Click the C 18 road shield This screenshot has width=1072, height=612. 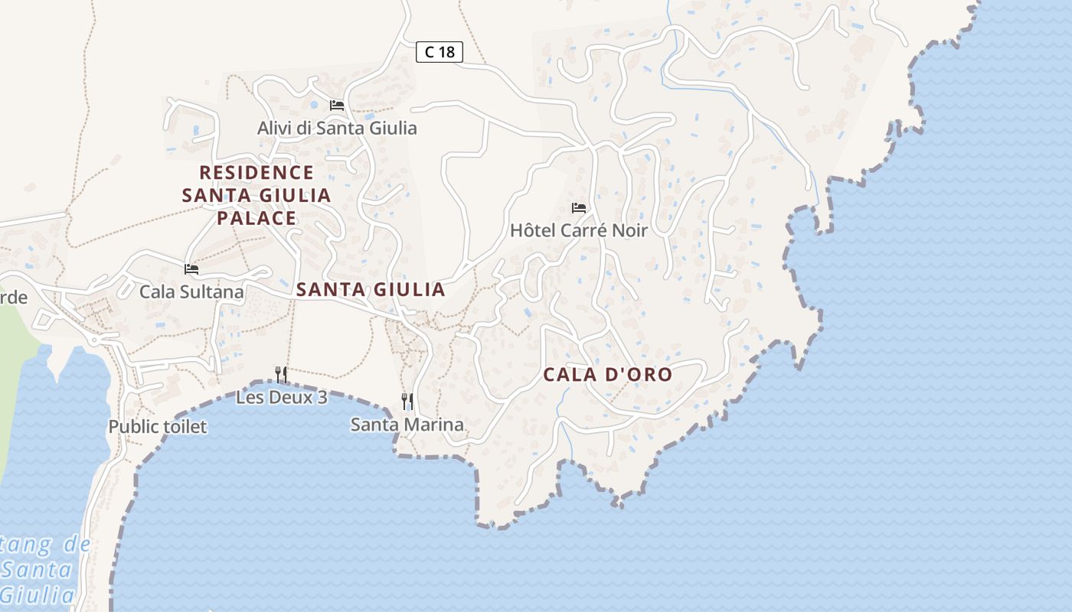click(440, 52)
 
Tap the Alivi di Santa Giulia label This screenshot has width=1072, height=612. click(337, 128)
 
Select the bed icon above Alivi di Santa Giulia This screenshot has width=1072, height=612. click(337, 105)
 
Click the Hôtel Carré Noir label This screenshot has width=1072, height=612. click(579, 230)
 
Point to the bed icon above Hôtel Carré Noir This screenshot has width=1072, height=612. click(579, 207)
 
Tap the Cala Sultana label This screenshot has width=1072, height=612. click(191, 291)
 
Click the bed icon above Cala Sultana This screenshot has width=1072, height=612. click(191, 269)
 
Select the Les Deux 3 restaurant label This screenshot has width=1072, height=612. click(281, 398)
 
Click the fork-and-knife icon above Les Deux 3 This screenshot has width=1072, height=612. click(281, 374)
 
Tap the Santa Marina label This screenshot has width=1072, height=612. click(407, 425)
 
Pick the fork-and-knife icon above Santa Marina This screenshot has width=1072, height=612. click(407, 401)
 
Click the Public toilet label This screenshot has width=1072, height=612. click(158, 427)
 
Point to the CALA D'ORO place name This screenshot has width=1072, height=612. click(607, 375)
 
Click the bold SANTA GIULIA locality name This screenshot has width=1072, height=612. click(371, 289)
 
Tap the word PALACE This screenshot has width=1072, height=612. click(256, 218)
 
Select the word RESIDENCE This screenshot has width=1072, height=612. click(257, 172)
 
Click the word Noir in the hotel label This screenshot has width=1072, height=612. click(629, 230)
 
